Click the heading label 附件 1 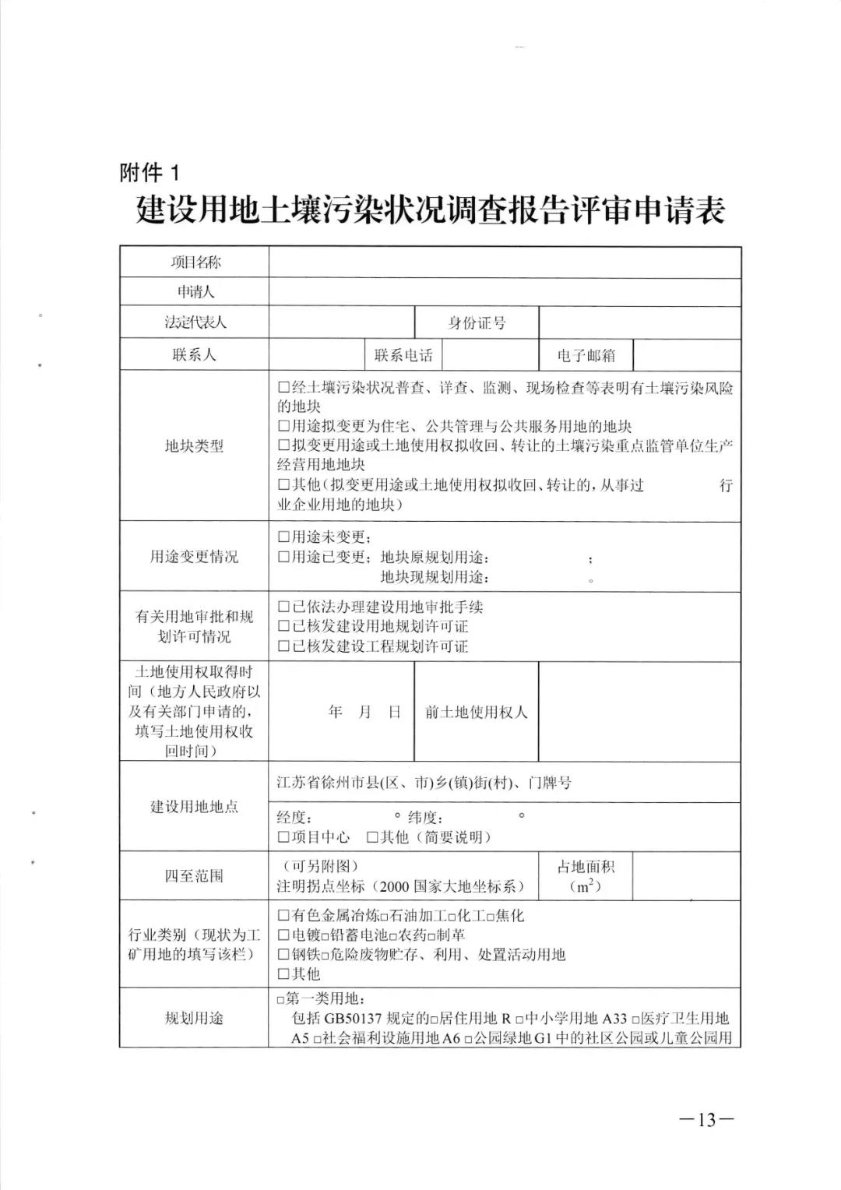(149, 172)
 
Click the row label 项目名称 (195, 262)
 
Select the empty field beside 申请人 (505, 292)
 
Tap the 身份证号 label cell (476, 322)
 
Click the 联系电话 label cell (403, 355)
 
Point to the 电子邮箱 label (586, 355)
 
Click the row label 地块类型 (194, 446)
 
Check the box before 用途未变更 (283, 537)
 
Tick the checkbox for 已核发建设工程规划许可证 (283, 646)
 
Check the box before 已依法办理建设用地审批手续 (283, 607)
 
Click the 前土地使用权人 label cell (476, 713)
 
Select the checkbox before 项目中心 (283, 837)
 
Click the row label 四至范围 (194, 876)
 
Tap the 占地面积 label (586, 867)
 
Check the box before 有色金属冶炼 (283, 916)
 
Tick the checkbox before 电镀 (283, 935)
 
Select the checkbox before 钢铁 (283, 955)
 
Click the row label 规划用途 (194, 1018)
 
